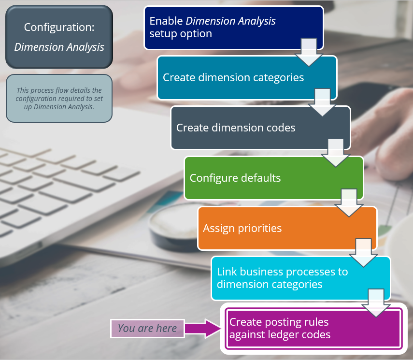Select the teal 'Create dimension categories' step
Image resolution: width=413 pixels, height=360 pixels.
pyautogui.click(x=233, y=77)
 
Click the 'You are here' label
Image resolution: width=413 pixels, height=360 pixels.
pyautogui.click(x=147, y=328)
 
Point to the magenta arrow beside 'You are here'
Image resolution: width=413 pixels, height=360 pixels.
pyautogui.click(x=203, y=328)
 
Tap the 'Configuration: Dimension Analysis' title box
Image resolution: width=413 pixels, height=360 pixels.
pyautogui.click(x=59, y=37)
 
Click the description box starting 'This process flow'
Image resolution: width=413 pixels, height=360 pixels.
pyautogui.click(x=59, y=98)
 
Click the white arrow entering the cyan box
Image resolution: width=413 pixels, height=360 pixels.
pyautogui.click(x=363, y=253)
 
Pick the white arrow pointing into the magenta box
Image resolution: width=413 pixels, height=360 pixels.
pyautogui.click(x=376, y=303)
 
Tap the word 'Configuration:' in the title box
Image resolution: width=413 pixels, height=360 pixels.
pyautogui.click(x=59, y=27)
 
